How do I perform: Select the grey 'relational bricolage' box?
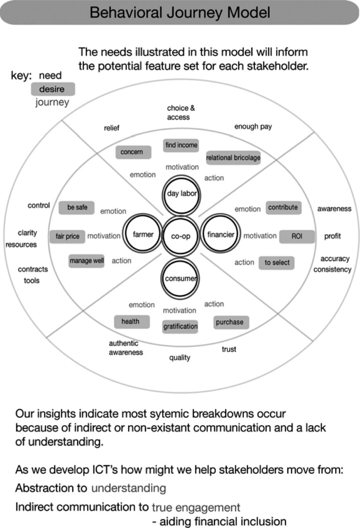(x=233, y=158)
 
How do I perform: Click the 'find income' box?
(x=181, y=145)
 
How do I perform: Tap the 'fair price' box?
(x=67, y=236)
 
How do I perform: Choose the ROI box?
(x=297, y=236)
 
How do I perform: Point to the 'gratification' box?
(x=180, y=326)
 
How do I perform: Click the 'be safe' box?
(x=76, y=207)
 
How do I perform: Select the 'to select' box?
(x=277, y=263)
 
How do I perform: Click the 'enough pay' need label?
(x=253, y=127)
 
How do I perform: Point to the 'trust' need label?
(x=229, y=349)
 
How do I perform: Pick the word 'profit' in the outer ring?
(x=332, y=236)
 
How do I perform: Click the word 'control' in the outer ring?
(x=39, y=205)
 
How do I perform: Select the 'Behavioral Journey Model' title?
(x=180, y=13)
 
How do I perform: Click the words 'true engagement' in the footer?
(x=196, y=507)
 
